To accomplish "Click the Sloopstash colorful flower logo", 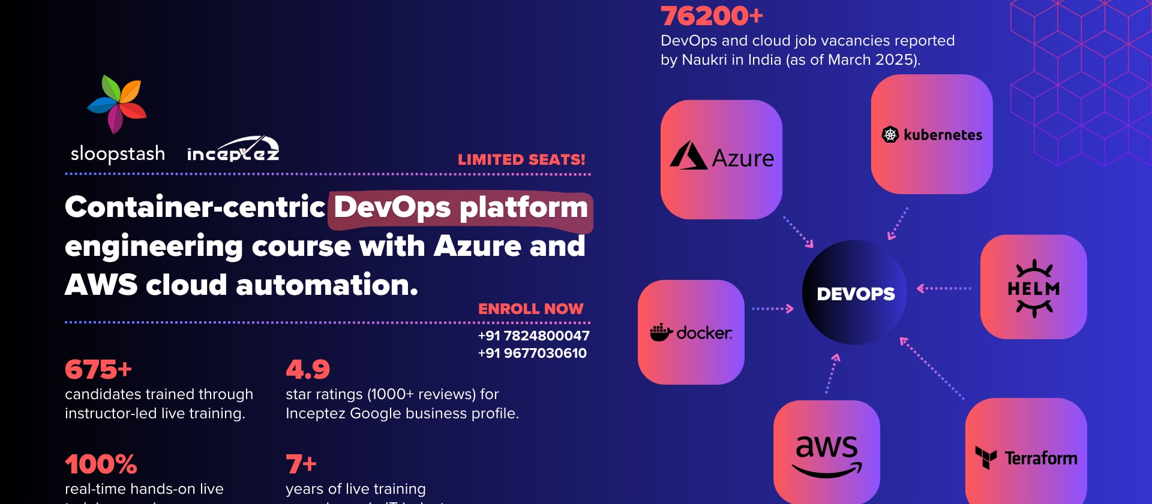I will pyautogui.click(x=118, y=103).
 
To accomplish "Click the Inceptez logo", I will pyautogui.click(x=233, y=150).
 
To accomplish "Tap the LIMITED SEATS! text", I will pyautogui.click(x=521, y=160).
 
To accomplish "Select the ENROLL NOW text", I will pyautogui.click(x=530, y=309).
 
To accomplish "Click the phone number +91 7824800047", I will pyautogui.click(x=533, y=336).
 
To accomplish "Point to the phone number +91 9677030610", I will pyautogui.click(x=532, y=353).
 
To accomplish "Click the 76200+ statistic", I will pyautogui.click(x=712, y=16).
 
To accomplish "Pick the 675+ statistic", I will pyautogui.click(x=98, y=369).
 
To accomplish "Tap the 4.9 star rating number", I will pyautogui.click(x=308, y=369).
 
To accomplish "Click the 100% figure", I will pyautogui.click(x=101, y=464).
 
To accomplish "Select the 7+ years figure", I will pyautogui.click(x=301, y=464).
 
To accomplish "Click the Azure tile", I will pyautogui.click(x=721, y=159).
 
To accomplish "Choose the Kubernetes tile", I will pyautogui.click(x=931, y=134).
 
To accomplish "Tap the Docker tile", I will pyautogui.click(x=691, y=332).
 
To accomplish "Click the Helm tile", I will pyautogui.click(x=1033, y=287).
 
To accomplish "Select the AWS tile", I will pyautogui.click(x=826, y=453).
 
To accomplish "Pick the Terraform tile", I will pyautogui.click(x=1025, y=455).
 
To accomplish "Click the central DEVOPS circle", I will pyautogui.click(x=855, y=293).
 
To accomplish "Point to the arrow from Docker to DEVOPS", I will pyautogui.click(x=773, y=309).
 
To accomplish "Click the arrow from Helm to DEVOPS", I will pyautogui.click(x=944, y=288).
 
